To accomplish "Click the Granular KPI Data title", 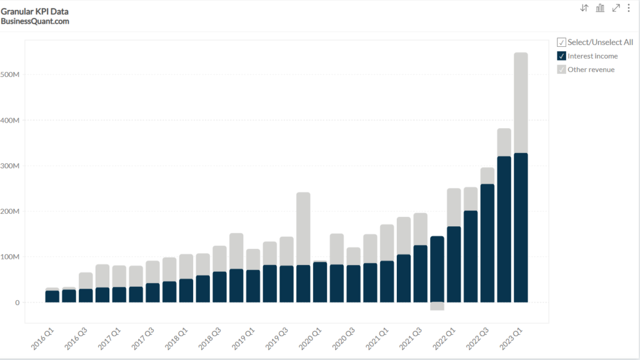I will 34,11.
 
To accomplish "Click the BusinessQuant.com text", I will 35,21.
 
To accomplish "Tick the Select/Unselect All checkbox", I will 561,42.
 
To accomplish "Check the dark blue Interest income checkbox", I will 561,56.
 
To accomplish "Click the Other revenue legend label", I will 591,69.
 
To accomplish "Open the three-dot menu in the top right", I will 629,8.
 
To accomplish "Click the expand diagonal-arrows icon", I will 616,8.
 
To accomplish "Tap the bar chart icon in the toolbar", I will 600,8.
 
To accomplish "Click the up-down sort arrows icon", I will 584,8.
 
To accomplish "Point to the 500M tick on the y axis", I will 11,75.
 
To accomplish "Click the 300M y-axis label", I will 11,166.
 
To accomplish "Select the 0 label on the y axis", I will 17,302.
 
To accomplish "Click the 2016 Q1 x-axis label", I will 43,337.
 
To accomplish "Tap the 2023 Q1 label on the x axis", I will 512,337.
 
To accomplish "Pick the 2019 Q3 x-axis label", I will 277,337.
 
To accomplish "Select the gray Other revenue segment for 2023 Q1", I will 521,102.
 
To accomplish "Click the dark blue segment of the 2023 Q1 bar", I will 521,227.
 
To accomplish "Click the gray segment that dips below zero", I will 437,306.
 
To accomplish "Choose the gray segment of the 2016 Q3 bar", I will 86,281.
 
